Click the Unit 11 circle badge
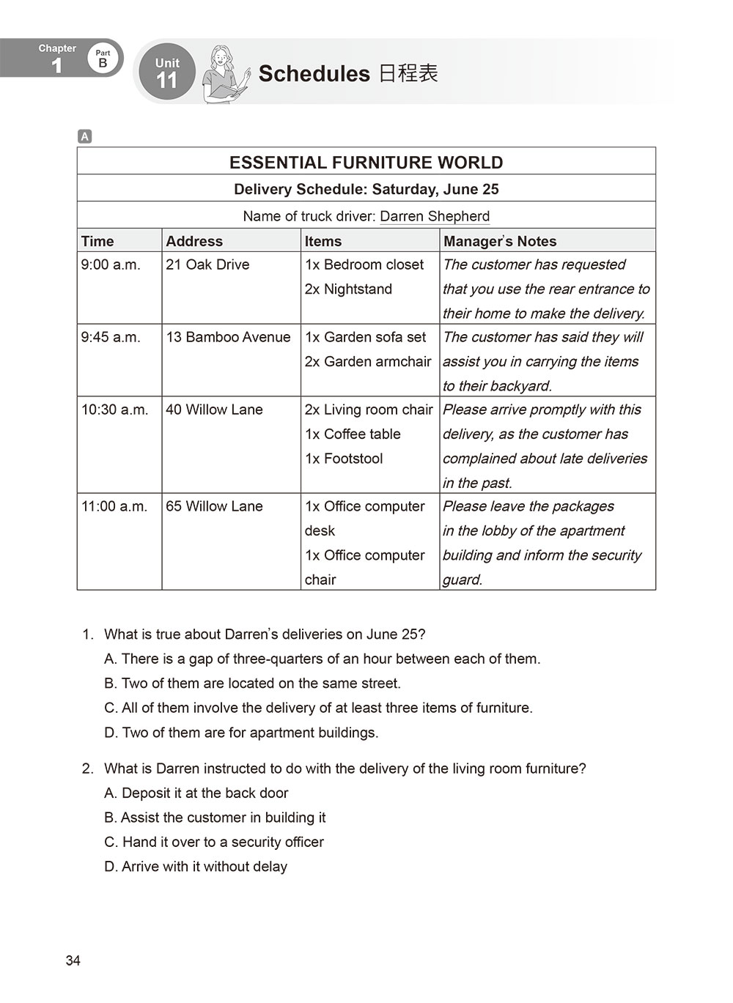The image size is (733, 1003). coord(167,72)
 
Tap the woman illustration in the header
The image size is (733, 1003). coord(225,73)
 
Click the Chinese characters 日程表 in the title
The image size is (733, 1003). coord(408,73)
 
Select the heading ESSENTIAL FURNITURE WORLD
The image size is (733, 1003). coord(366,163)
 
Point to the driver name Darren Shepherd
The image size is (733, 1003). coord(435,216)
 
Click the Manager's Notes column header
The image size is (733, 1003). coord(500,241)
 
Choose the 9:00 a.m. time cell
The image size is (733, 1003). coord(111,264)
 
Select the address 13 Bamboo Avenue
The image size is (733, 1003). coord(228,337)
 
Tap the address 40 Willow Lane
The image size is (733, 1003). coord(214,410)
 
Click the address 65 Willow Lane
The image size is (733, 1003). coord(214,506)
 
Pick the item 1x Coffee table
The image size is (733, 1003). coord(353,434)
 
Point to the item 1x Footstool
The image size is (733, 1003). coord(344,458)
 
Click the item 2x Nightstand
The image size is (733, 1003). coord(348,289)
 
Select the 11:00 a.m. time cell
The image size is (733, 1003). coord(114,506)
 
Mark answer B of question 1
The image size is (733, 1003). coord(252,684)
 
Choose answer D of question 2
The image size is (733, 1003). coord(196,867)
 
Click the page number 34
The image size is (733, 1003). coord(73,961)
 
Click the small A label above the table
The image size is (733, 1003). coord(85,136)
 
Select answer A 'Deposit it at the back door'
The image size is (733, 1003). coord(196,793)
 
